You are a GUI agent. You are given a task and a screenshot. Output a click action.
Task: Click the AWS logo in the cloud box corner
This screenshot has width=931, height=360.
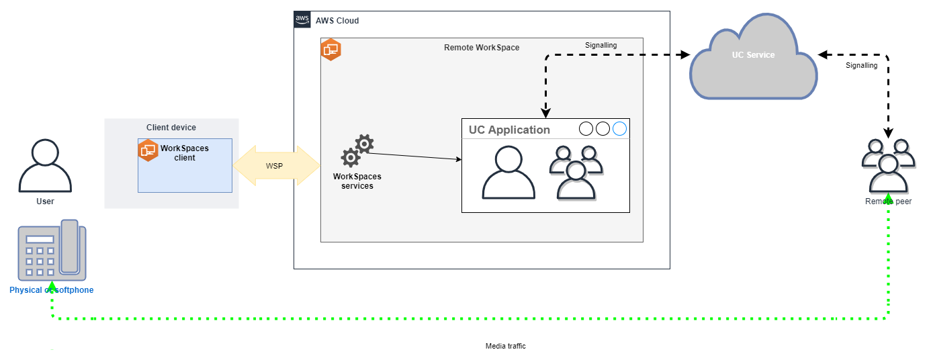302,19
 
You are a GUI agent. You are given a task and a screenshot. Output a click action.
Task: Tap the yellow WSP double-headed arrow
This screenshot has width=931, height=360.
276,165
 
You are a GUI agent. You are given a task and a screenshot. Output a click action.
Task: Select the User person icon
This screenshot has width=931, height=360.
45,166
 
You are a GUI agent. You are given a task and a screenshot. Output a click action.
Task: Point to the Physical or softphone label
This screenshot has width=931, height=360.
51,290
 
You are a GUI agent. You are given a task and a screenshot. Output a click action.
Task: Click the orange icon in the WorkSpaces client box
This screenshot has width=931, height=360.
148,150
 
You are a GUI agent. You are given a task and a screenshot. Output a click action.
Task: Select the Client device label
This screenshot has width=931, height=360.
171,128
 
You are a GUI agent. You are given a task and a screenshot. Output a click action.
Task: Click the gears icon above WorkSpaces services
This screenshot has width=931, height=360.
357,151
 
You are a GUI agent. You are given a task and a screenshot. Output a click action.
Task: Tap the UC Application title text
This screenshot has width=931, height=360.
509,130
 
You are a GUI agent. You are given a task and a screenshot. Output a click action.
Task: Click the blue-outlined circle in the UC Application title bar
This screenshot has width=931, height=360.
619,128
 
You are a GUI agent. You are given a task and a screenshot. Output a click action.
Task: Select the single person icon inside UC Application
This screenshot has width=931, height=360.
509,173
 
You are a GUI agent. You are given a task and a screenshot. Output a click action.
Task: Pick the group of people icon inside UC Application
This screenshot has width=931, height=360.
575,173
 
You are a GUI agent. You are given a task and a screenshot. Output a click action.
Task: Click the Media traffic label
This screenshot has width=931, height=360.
505,346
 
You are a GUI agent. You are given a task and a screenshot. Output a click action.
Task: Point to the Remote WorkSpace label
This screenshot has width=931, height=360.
482,48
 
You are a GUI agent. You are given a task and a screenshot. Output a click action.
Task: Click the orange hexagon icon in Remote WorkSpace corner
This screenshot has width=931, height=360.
331,50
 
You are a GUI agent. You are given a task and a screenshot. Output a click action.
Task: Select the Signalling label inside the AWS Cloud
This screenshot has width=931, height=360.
601,45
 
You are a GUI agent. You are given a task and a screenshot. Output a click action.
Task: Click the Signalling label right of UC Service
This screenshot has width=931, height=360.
861,65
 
